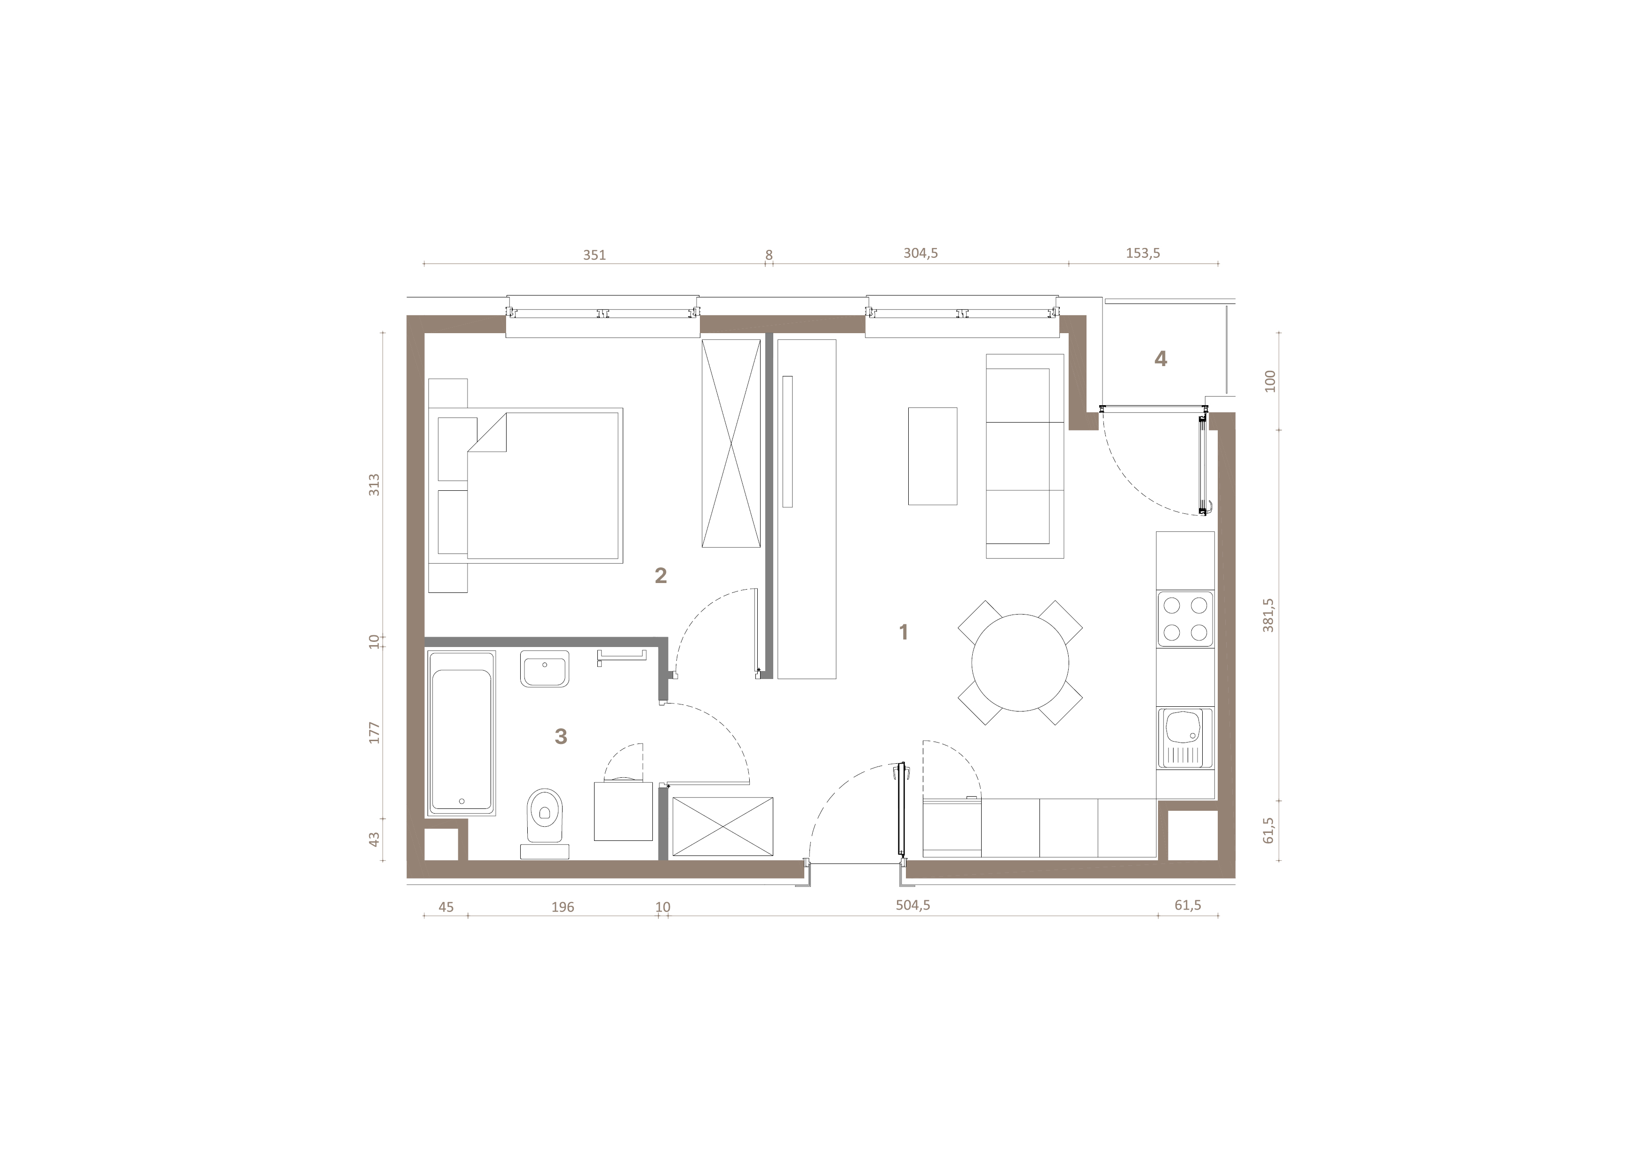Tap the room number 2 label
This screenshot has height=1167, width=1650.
(x=660, y=575)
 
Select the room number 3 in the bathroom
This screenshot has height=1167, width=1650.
(x=561, y=736)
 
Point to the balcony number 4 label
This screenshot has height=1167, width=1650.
(x=1161, y=358)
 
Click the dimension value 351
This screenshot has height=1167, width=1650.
(x=595, y=255)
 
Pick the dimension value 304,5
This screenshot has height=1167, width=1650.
(x=920, y=253)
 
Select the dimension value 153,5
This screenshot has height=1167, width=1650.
(x=1142, y=253)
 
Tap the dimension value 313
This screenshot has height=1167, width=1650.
(x=373, y=485)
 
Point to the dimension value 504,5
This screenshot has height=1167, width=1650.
(x=912, y=905)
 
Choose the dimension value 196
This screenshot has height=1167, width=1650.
(x=563, y=907)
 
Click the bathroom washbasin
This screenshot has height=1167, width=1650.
(x=545, y=670)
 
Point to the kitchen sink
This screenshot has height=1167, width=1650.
(x=1184, y=738)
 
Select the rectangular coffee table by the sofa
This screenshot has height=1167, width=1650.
(x=933, y=456)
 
